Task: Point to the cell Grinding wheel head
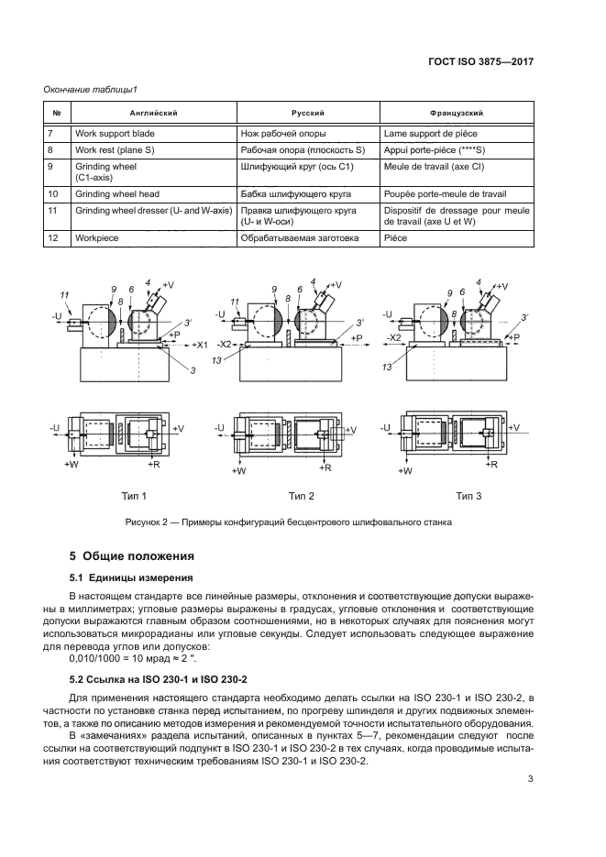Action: (116, 194)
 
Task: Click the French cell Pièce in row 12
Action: (394, 236)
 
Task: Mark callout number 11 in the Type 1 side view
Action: (65, 293)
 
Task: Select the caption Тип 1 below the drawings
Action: (134, 496)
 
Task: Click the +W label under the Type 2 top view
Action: (240, 470)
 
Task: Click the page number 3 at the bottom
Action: (531, 780)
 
